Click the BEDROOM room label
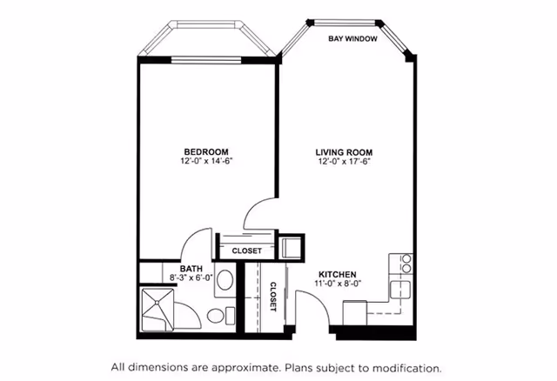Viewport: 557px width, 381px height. pos(206,152)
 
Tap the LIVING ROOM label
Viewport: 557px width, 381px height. pos(344,153)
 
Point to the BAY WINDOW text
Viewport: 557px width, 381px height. pos(352,38)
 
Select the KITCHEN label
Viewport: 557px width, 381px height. pos(337,275)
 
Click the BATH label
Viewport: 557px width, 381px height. pos(191,269)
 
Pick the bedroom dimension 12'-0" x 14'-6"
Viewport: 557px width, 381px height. pos(206,161)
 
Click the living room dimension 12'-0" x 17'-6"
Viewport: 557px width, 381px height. pos(344,162)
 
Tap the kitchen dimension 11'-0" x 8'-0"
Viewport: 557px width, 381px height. pos(338,284)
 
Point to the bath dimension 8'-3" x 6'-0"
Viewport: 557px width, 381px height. pos(191,277)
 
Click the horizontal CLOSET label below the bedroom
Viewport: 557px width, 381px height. pos(246,251)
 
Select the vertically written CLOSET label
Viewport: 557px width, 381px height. pos(272,297)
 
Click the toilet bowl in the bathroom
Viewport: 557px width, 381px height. pos(215,316)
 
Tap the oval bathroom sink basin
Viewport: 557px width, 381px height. pos(225,280)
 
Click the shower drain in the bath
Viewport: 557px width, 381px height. pos(157,303)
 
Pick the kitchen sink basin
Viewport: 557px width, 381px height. pos(400,290)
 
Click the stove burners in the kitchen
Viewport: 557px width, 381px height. pos(406,263)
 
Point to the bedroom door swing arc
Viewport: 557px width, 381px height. pos(254,209)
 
